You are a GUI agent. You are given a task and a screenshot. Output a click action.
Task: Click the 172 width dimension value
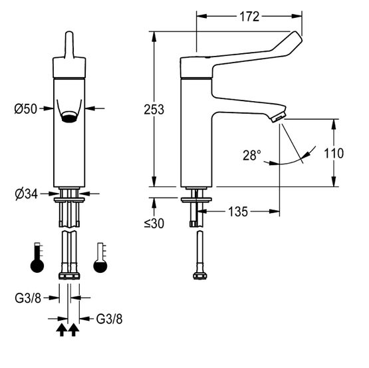click(x=249, y=17)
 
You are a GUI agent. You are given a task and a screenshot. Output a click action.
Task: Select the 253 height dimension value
click(x=154, y=110)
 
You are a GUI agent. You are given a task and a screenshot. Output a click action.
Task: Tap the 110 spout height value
click(x=334, y=153)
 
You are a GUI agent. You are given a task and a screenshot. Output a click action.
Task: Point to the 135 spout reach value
click(x=238, y=212)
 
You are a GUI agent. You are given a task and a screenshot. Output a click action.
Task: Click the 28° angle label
click(x=252, y=155)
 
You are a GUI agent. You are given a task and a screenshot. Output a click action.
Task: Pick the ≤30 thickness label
click(x=154, y=224)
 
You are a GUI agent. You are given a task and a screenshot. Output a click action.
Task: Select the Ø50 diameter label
click(x=26, y=109)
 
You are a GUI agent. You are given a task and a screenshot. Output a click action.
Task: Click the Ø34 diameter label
click(x=26, y=194)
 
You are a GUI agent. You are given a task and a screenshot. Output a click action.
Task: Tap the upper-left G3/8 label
click(x=28, y=298)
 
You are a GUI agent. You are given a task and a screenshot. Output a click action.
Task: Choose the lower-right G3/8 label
click(x=109, y=319)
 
